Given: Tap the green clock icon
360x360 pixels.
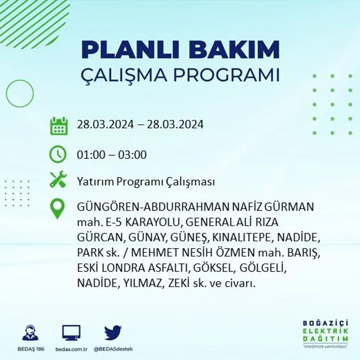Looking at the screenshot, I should tap(58, 155).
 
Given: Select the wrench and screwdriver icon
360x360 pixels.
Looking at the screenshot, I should tap(58, 180).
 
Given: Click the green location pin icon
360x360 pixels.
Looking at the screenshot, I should tap(57, 208).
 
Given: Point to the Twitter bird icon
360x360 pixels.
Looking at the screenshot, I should tap(113, 333).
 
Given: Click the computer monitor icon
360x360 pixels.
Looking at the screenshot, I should tap(71, 333).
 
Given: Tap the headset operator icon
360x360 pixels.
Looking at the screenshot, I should tap(30, 333).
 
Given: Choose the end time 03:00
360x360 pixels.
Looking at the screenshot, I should tap(132, 155).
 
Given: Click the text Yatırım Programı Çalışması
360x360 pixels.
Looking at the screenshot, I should tap(146, 182).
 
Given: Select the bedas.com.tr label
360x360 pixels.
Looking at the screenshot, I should tap(71, 349).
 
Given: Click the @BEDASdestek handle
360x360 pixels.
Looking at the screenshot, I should tap(113, 349).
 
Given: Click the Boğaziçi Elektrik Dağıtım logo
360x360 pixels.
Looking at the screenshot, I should tap(326, 333).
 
